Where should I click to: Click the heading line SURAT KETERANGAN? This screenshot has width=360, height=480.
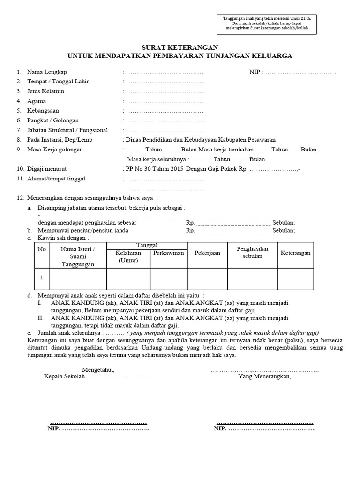180,47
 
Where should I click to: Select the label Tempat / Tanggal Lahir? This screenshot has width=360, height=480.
58,82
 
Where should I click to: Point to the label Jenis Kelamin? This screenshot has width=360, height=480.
45,91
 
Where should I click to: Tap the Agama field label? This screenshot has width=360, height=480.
37,101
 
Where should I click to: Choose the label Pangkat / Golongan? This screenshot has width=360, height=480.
53,120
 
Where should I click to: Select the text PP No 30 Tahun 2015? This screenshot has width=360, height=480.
154,169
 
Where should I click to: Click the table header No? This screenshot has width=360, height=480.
42,249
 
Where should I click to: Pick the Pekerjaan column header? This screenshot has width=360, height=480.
207,253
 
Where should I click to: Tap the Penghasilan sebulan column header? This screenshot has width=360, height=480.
253,253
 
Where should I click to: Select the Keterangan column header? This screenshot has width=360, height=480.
295,253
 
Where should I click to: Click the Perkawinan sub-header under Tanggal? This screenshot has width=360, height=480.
168,253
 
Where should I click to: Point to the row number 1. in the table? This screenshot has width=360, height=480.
42,277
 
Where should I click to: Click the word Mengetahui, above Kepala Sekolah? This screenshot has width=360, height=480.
98,369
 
